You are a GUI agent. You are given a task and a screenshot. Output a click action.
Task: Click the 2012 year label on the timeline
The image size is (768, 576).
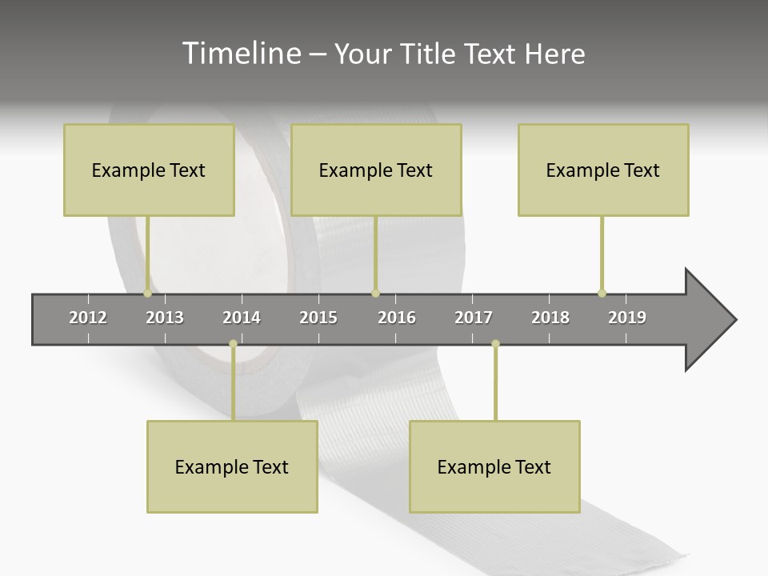[88, 318]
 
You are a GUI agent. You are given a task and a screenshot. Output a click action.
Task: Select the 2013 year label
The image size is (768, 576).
[165, 318]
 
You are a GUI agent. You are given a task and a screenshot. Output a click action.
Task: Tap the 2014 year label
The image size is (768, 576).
[242, 318]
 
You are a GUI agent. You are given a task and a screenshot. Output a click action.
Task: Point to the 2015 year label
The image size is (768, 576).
[318, 318]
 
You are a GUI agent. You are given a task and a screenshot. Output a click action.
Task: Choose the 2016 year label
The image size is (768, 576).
[397, 318]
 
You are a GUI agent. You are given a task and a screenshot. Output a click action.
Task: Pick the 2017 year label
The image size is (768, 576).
[474, 318]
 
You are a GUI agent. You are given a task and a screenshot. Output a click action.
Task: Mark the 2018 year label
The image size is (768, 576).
[550, 318]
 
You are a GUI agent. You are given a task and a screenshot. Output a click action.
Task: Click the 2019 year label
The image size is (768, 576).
[627, 318]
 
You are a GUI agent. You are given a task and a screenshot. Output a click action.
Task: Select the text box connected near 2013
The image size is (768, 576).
[149, 170]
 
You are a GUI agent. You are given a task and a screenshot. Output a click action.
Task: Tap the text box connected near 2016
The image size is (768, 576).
[376, 170]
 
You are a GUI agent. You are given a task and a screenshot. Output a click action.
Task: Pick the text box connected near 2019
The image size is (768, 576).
[603, 170]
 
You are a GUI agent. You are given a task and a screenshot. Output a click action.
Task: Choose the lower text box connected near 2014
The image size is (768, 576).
[232, 466]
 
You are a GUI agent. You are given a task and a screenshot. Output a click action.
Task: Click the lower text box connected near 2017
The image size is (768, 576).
[494, 466]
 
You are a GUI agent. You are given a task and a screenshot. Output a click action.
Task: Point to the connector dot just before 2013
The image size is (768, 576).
[148, 294]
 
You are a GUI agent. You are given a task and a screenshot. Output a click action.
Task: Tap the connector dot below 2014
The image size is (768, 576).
[233, 344]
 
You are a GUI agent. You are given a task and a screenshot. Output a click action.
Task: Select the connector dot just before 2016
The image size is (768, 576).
[375, 294]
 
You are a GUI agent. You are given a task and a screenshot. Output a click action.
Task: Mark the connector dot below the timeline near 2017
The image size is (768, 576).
[495, 344]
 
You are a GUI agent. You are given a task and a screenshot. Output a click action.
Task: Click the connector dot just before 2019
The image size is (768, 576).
[602, 293]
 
